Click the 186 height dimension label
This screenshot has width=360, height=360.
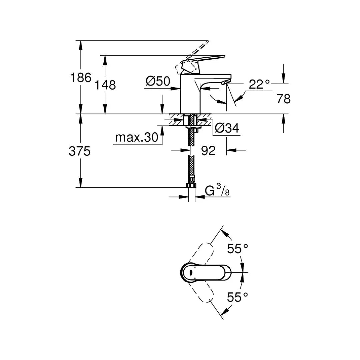(x=80, y=78)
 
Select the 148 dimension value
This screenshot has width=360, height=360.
(x=105, y=85)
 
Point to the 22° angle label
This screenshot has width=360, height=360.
(x=259, y=84)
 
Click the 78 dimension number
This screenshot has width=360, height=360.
(x=283, y=99)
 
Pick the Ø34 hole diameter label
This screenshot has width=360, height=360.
(x=227, y=128)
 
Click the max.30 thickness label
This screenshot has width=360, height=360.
(x=136, y=138)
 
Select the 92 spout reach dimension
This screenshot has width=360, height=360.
(x=208, y=151)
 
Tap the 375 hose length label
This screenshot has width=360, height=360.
(x=80, y=151)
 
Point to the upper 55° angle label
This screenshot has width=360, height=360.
(x=238, y=248)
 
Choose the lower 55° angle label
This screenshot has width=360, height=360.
(x=238, y=296)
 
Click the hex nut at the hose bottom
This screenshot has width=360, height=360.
(x=191, y=185)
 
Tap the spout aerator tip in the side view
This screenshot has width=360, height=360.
(x=226, y=82)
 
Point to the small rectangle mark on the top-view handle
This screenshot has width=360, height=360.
(x=191, y=273)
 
